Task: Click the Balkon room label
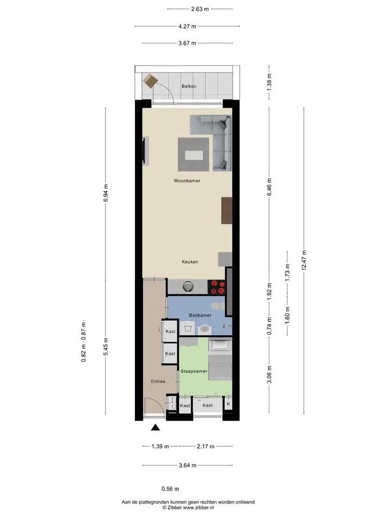tap(189, 86)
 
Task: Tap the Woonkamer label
tap(187, 181)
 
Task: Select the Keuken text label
tap(190, 262)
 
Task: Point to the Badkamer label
tap(200, 316)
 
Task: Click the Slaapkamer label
tap(194, 371)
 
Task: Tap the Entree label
tap(158, 382)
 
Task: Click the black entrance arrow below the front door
tap(155, 427)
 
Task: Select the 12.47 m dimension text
tap(304, 260)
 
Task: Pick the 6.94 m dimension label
tap(106, 193)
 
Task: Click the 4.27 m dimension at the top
tap(187, 26)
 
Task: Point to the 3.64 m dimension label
tap(188, 465)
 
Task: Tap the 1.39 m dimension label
tap(160, 447)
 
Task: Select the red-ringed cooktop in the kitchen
tap(217, 286)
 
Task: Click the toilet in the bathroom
tap(218, 305)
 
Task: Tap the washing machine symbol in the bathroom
tap(188, 328)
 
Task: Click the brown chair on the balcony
tap(150, 81)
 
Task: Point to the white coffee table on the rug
tap(194, 155)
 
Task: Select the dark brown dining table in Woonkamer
tap(227, 211)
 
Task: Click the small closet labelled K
tap(228, 404)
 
